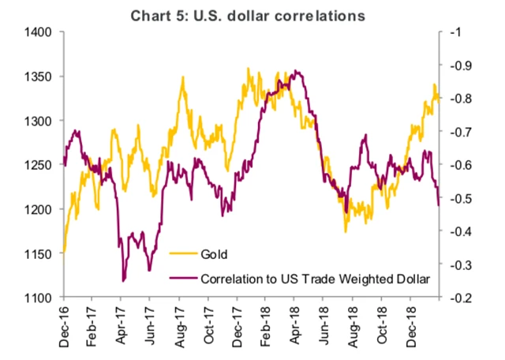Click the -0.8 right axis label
pyautogui.click(x=457, y=99)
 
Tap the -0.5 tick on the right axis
pyautogui.click(x=457, y=198)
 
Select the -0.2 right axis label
pyautogui.click(x=457, y=298)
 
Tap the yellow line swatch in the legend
pyautogui.click(x=183, y=255)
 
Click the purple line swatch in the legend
pyautogui.click(x=183, y=278)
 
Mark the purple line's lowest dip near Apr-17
pyautogui.click(x=124, y=280)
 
